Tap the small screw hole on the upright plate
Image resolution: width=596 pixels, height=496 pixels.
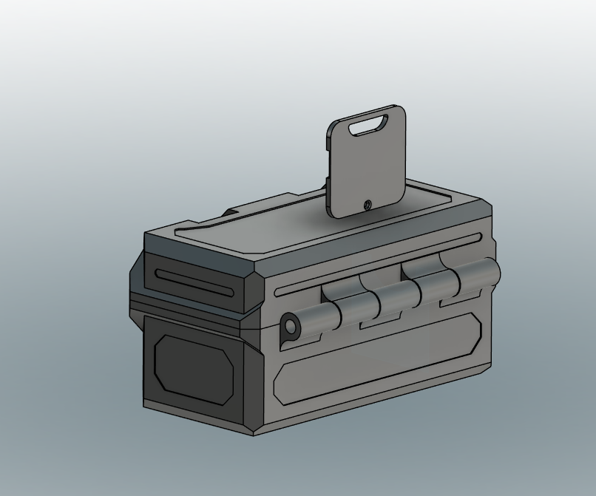click(x=368, y=205)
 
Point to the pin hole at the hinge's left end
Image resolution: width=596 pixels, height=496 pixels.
click(x=289, y=326)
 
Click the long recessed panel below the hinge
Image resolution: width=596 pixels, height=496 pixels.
click(x=377, y=359)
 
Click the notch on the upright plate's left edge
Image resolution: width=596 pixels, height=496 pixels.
click(x=327, y=184)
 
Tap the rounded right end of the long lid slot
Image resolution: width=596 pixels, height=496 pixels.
click(x=479, y=237)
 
